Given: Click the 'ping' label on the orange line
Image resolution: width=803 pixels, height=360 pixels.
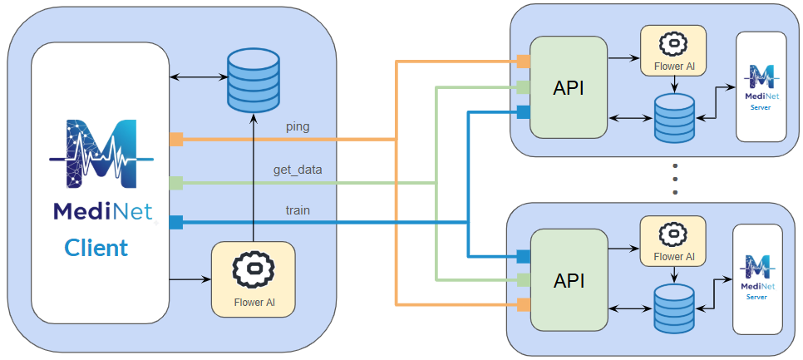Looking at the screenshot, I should click(297, 127).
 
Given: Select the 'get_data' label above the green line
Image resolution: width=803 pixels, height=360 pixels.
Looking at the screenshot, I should click(298, 170).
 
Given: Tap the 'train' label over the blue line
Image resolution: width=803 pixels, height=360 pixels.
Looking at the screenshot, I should click(297, 210).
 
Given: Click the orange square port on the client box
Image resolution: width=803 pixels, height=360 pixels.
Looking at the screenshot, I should click(176, 139).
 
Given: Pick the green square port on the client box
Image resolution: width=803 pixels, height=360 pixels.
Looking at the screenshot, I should click(176, 182).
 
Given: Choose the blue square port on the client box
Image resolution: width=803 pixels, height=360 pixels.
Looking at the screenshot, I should click(176, 222).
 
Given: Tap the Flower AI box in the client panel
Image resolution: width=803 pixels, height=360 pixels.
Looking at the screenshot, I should click(253, 279).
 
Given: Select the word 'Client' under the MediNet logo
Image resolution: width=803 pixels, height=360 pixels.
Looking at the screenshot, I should click(96, 247).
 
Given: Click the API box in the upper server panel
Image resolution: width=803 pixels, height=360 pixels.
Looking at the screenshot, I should click(569, 87).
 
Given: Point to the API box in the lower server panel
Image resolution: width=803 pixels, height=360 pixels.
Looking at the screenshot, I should click(569, 280).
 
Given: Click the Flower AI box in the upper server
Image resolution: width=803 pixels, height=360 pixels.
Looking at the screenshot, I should click(672, 51).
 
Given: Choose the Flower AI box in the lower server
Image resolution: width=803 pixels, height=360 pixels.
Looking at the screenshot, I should click(672, 241).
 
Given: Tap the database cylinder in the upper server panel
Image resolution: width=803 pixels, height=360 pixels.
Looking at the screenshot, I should click(674, 117).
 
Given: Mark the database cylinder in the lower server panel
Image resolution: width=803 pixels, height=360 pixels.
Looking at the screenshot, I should click(674, 308).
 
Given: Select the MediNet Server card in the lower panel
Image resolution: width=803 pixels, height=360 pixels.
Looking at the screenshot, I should click(756, 279).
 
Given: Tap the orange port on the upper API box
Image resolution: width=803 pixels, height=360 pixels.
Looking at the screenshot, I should click(523, 61).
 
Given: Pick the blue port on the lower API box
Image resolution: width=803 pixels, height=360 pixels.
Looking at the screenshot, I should click(523, 255).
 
